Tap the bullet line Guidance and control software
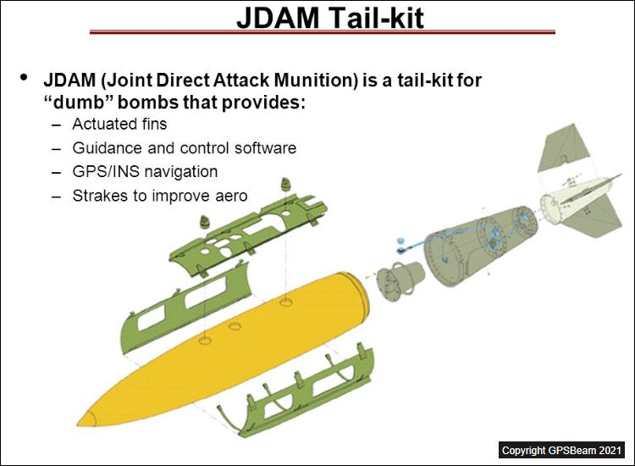(184, 148)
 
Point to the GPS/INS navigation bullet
(145, 172)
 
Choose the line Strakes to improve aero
(160, 196)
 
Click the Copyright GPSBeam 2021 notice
(562, 449)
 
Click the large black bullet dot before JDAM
(24, 78)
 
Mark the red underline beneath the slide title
(323, 32)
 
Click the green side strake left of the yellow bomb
(183, 305)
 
